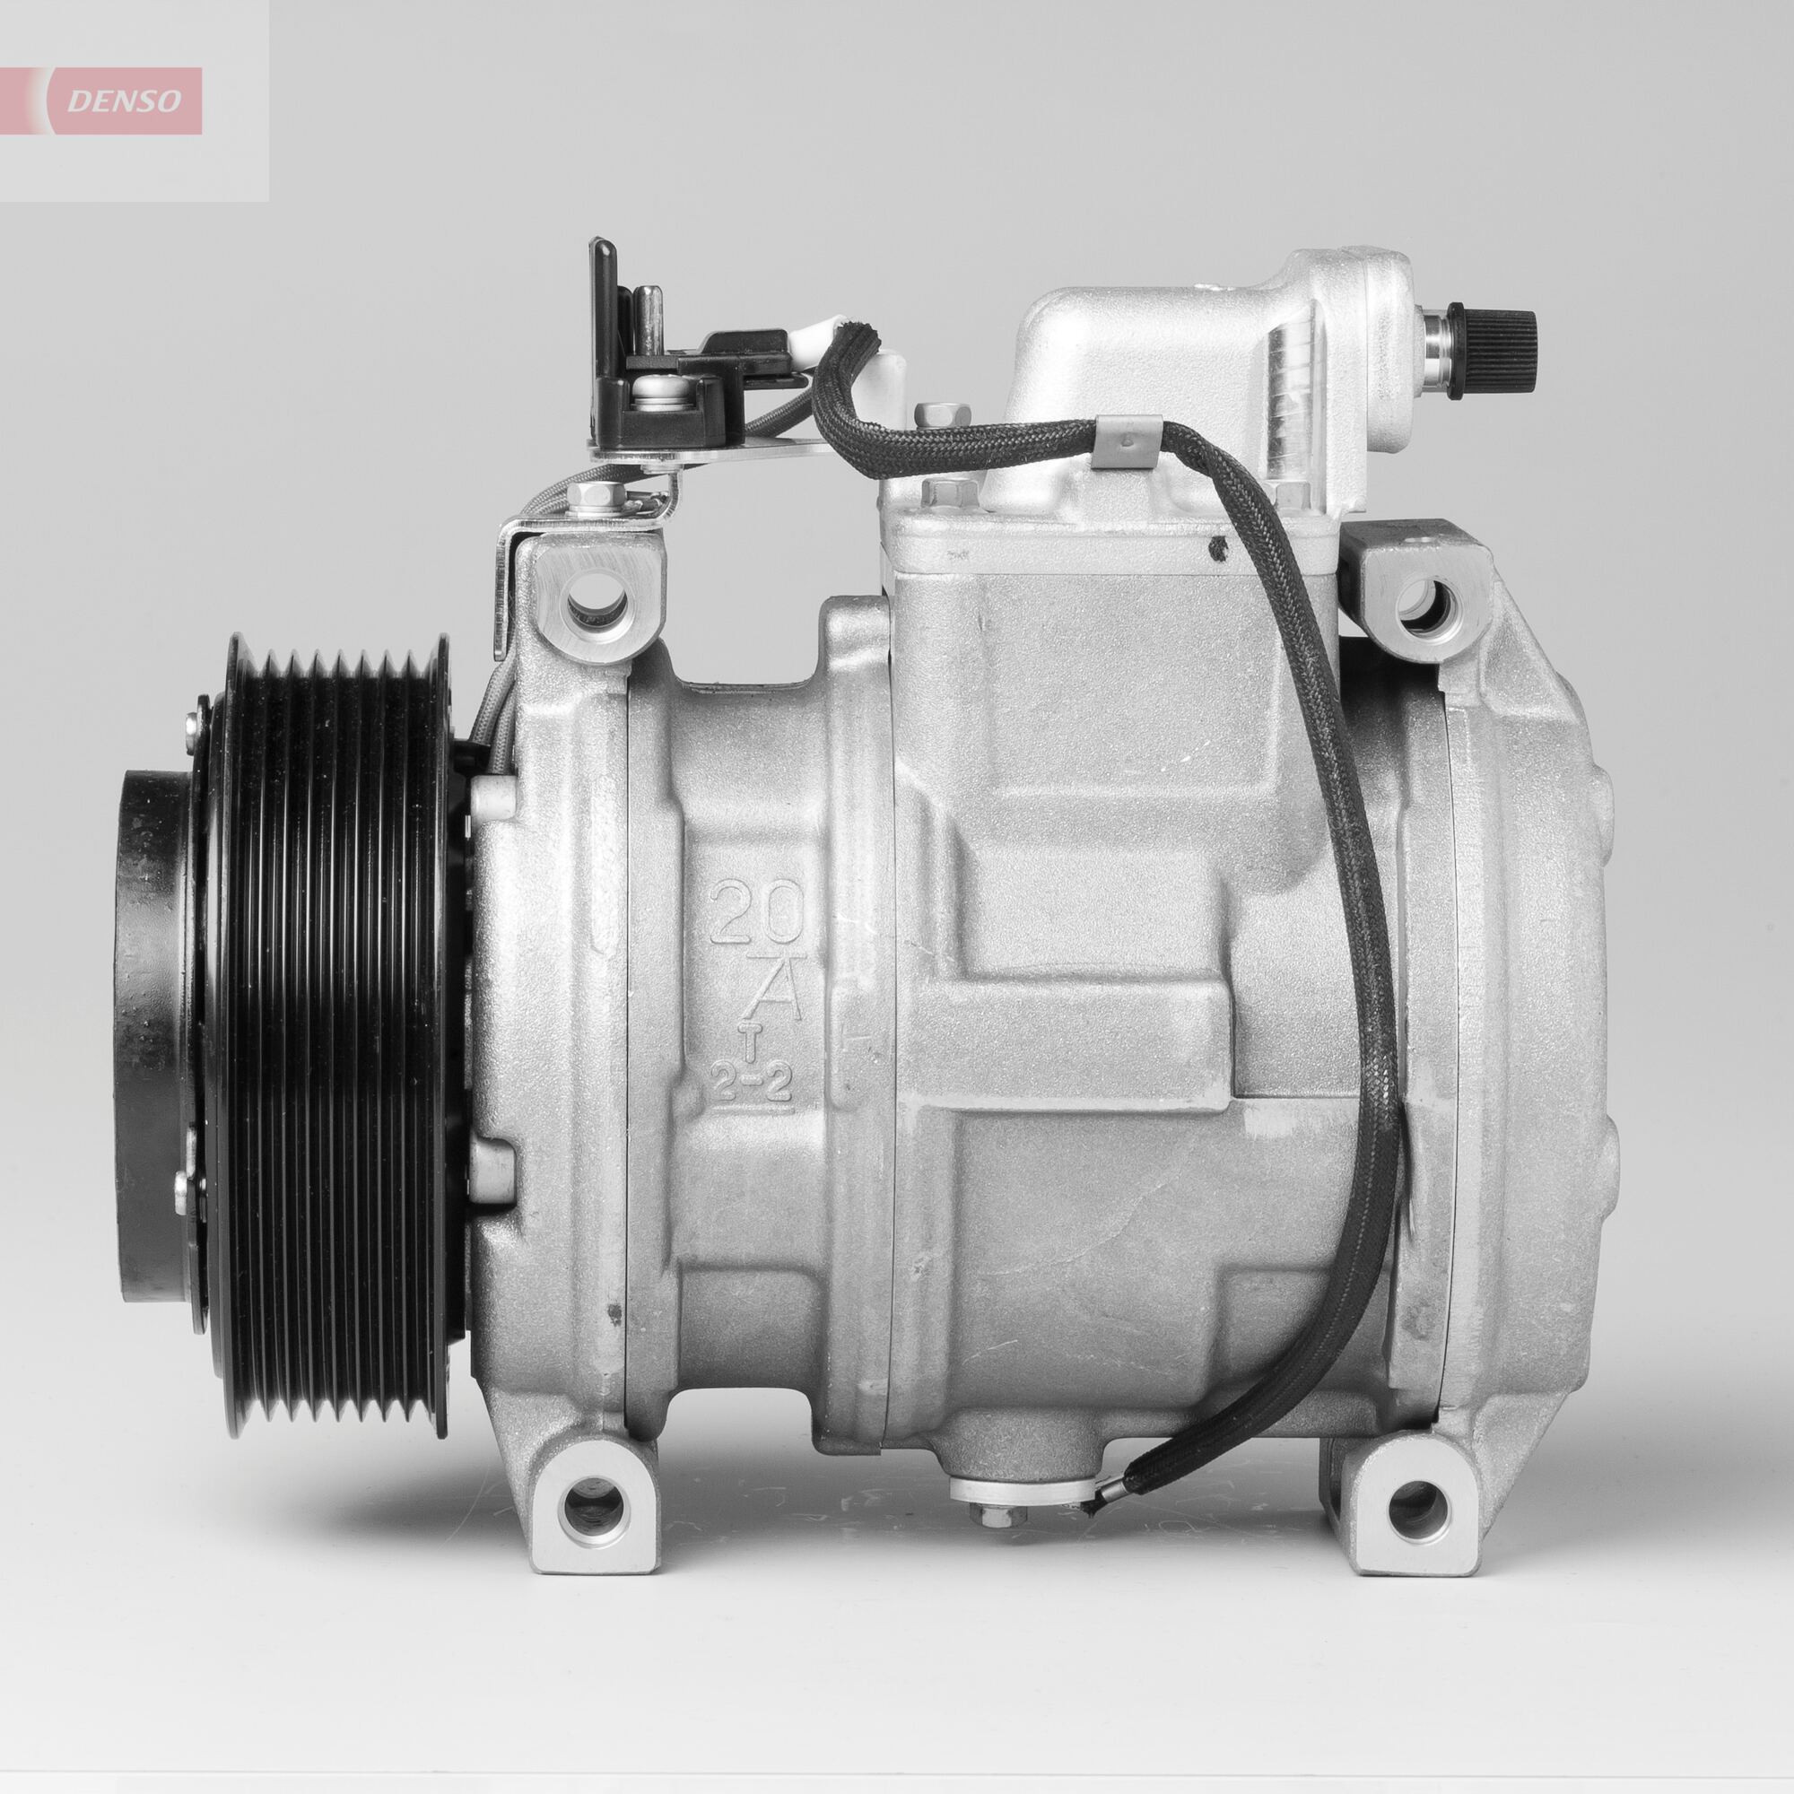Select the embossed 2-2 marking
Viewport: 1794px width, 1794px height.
point(753,1084)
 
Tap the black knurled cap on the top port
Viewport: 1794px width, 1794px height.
point(1496,329)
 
